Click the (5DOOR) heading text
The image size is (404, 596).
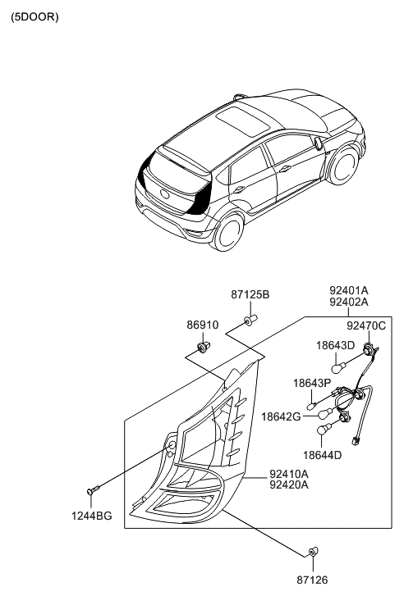(x=34, y=17)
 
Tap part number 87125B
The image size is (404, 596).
(x=250, y=294)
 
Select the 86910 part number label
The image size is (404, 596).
(x=203, y=325)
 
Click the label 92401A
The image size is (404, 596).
(x=349, y=291)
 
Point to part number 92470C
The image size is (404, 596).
(x=366, y=325)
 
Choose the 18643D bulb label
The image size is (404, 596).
(x=336, y=345)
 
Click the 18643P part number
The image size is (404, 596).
(x=312, y=383)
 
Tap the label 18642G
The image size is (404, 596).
(x=281, y=417)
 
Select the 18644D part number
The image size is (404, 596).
(x=323, y=455)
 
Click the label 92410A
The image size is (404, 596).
(x=289, y=474)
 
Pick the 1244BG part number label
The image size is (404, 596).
(x=92, y=516)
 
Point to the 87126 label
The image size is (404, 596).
(x=312, y=580)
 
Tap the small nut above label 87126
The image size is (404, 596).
(x=313, y=551)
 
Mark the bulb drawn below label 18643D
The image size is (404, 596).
(x=337, y=367)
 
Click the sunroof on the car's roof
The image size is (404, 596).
(x=243, y=121)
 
